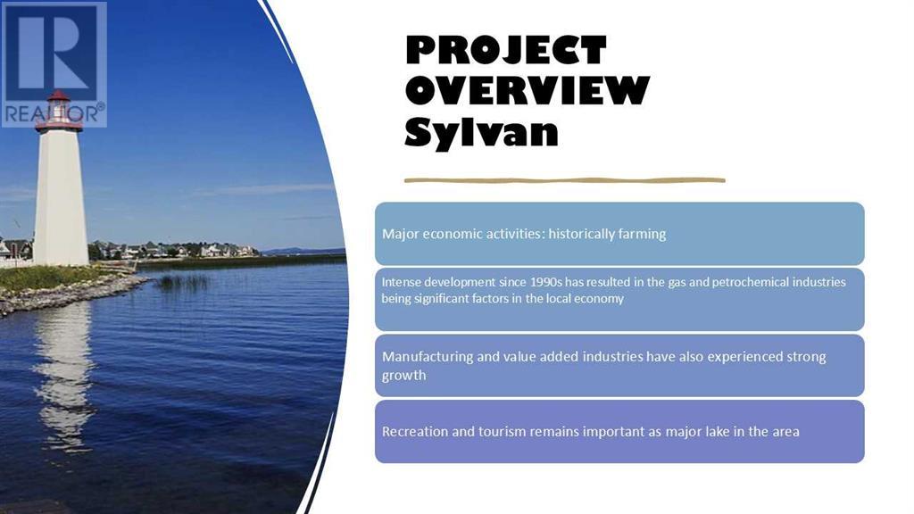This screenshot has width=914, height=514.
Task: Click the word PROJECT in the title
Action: [x=506, y=50]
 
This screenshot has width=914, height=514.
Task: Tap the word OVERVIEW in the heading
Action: [x=527, y=90]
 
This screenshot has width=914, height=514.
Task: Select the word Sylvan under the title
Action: [x=481, y=133]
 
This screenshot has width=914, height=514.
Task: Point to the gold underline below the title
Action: [x=564, y=180]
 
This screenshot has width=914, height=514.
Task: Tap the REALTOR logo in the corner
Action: [x=54, y=64]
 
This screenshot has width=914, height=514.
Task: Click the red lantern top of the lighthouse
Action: [x=58, y=112]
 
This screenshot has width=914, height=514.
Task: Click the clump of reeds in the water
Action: [x=183, y=283]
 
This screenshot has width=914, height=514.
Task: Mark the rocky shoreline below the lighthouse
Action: [x=70, y=294]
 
